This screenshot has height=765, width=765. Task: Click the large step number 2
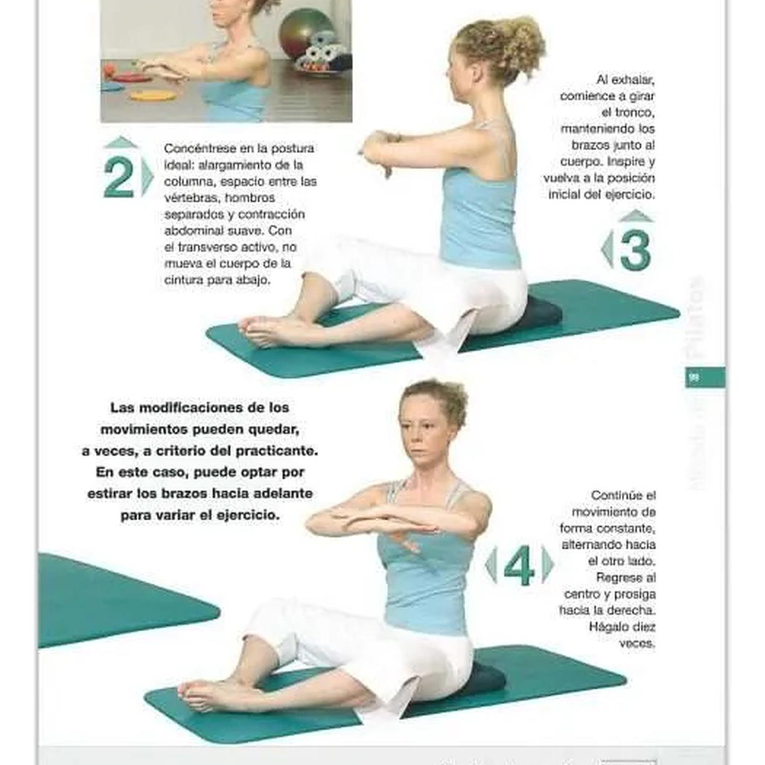[119, 178]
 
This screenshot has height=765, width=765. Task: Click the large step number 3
[635, 250]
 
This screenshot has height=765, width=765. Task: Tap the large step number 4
[518, 566]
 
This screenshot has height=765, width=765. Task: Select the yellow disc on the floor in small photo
[153, 96]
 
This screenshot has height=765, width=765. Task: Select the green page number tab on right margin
[704, 377]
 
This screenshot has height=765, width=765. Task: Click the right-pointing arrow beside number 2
[148, 178]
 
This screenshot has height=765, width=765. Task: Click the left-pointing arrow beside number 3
[607, 250]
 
